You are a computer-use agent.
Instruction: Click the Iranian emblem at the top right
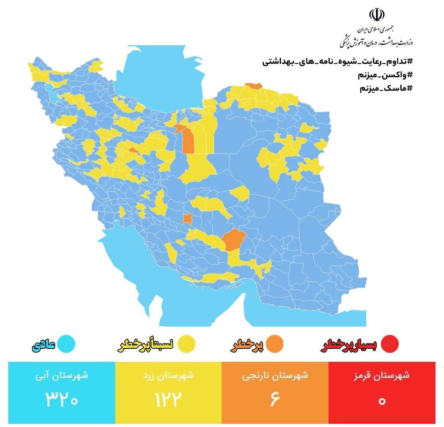[x=377, y=15]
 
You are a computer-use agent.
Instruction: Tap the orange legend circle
[x=274, y=344]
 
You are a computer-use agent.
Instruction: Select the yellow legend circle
[x=186, y=344]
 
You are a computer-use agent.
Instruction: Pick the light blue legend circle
[x=66, y=344]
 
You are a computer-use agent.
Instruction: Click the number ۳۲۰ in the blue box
[x=62, y=400]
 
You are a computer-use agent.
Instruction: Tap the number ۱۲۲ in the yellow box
[x=168, y=400]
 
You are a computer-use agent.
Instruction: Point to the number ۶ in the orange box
[x=275, y=400]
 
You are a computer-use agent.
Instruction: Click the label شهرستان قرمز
[x=382, y=375]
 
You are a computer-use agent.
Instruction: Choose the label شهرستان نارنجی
[x=275, y=375]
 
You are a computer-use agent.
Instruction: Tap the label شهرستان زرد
[x=168, y=375]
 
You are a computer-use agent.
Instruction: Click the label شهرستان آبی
[x=62, y=375]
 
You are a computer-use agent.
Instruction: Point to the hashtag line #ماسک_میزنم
[x=386, y=88]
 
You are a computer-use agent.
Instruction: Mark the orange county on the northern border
[x=253, y=86]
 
